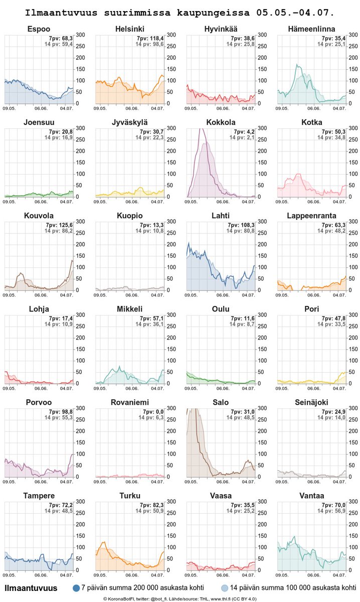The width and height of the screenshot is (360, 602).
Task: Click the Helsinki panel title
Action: (x=130, y=29)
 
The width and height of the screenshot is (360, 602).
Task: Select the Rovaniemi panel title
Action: (x=130, y=402)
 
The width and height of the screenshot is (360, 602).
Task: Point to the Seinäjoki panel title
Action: (x=312, y=402)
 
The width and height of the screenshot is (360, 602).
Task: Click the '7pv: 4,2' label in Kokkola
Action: (x=242, y=131)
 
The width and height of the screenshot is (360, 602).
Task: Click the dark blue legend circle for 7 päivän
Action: (x=77, y=587)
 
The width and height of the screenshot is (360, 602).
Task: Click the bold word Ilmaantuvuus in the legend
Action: (x=31, y=587)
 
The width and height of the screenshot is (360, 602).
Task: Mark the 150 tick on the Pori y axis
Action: (x=352, y=350)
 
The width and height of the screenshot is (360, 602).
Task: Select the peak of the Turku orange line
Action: (x=104, y=542)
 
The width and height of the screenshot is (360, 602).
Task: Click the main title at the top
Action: (x=180, y=11)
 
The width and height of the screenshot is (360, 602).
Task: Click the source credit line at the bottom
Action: (x=180, y=598)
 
